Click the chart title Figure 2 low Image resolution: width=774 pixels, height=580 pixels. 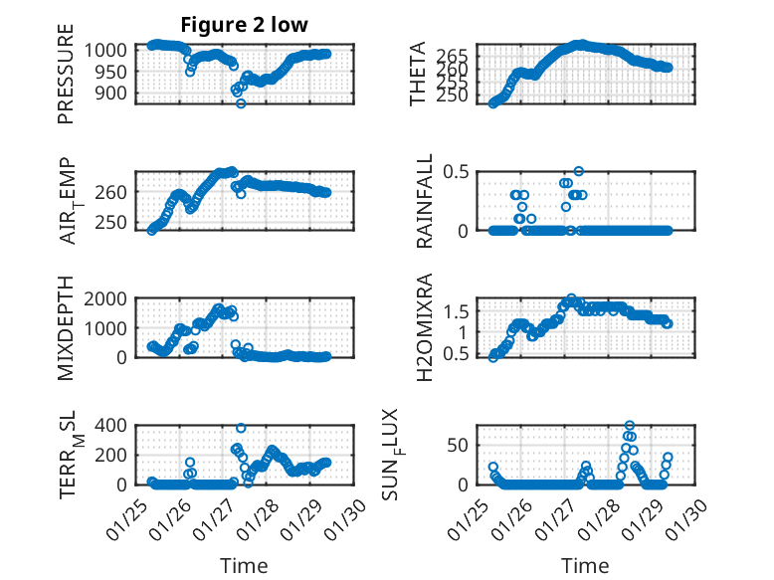click(x=244, y=25)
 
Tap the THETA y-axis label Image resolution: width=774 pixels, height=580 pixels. click(x=418, y=74)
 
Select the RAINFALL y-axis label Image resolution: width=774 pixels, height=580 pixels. click(x=425, y=200)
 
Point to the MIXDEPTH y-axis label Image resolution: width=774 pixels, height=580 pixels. click(x=66, y=326)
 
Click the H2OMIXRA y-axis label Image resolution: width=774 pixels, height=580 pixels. click(x=425, y=326)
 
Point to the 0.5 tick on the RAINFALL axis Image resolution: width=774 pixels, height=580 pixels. click(x=457, y=171)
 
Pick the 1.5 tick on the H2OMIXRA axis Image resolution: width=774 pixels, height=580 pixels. click(x=457, y=311)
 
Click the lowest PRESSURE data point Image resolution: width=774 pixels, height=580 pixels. click(x=241, y=102)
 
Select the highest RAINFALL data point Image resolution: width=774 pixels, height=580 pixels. click(x=578, y=171)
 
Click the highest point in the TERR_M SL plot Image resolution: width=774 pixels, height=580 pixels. click(x=241, y=428)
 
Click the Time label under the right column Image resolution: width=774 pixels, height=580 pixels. click(x=586, y=565)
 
